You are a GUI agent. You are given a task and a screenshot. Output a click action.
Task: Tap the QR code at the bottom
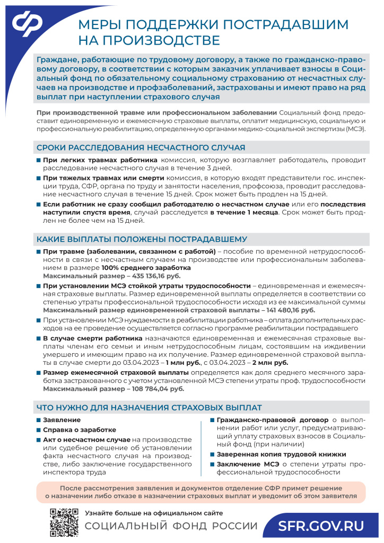(64, 522)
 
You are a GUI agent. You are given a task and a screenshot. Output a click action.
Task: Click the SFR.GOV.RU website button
(322, 526)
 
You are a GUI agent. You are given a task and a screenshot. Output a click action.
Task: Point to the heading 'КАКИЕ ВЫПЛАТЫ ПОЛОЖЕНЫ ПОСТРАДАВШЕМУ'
(142, 239)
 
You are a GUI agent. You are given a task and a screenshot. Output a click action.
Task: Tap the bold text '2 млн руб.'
(270, 363)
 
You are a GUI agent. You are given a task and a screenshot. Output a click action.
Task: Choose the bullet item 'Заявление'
(58, 420)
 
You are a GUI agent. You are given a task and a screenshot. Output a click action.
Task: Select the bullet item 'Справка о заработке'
(80, 430)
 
